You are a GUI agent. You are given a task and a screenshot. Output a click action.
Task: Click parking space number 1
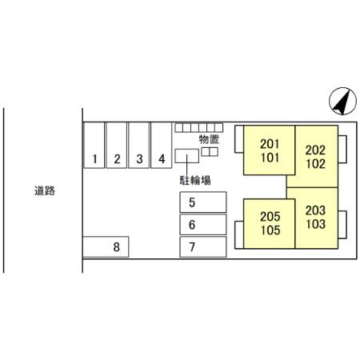pos(94,145)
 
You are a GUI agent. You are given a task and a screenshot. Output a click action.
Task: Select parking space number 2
pos(117,145)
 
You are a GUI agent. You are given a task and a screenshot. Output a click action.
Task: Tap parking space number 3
pos(139,145)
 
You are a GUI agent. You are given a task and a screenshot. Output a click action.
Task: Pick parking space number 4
pos(162,145)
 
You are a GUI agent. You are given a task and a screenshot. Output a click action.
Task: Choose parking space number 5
pos(203,202)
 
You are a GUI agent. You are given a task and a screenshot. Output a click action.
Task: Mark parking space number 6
pos(203,225)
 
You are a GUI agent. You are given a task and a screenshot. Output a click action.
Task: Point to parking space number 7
pos(203,246)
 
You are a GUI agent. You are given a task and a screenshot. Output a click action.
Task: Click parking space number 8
pos(106,246)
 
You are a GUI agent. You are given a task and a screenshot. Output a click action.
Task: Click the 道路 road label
pos(45,190)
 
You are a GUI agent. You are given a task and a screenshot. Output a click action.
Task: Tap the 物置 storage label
pos(209,139)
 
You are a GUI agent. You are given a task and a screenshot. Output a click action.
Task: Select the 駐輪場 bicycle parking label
pos(195,181)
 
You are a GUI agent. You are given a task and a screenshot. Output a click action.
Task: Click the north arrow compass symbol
pos(342,101)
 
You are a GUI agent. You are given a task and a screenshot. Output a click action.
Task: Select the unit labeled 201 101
pos(270,150)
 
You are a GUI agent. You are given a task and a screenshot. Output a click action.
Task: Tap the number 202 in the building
pos(315,150)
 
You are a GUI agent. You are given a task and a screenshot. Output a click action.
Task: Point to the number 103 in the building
pos(315,224)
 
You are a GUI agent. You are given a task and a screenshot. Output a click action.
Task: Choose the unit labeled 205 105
pos(270,224)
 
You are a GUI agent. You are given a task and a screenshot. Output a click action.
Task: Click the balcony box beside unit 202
pos(342,149)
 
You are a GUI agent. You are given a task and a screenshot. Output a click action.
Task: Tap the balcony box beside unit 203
pos(342,225)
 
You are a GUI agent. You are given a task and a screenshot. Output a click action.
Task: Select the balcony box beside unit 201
pos(239,139)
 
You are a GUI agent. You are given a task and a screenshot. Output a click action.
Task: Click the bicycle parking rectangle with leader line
pos(187,156)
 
